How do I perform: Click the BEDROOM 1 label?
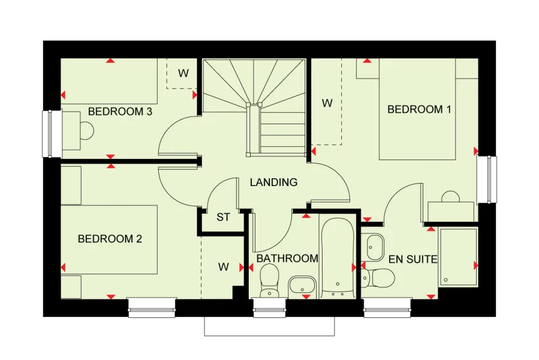(418, 109)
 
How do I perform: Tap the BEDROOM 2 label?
(110, 239)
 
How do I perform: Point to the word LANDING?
(273, 182)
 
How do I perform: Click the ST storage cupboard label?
(223, 217)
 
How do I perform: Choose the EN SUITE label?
(412, 260)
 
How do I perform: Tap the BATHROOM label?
(287, 259)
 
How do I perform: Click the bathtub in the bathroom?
(338, 258)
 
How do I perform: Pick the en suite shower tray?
(459, 257)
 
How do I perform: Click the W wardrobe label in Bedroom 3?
(183, 74)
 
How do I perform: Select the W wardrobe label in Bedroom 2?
(223, 267)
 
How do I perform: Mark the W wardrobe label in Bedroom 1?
(327, 103)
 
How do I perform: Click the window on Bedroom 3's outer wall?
(52, 133)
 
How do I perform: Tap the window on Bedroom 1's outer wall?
(487, 179)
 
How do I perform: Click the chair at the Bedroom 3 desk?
(87, 130)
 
